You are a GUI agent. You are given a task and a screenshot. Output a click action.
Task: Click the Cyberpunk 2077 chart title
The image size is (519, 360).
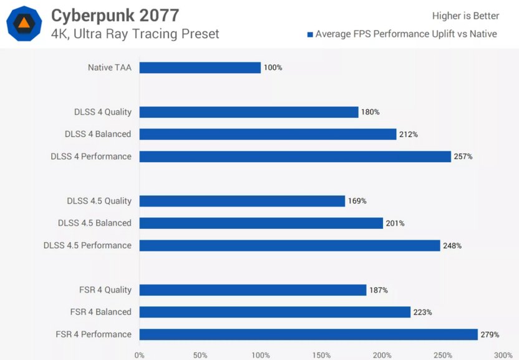coord(115,15)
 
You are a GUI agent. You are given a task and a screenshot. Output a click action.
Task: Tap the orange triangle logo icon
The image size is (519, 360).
coord(24,24)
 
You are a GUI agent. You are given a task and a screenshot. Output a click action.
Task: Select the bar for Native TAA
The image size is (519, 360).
coord(200,67)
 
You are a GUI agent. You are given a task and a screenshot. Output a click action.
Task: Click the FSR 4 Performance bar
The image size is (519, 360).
coord(308,334)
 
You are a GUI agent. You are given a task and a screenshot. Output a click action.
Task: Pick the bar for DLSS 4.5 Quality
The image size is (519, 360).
coord(242,201)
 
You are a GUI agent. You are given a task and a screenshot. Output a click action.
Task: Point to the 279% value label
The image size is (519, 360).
coord(490,335)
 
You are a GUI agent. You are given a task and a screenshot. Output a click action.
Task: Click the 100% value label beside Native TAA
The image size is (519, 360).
coord(273,67)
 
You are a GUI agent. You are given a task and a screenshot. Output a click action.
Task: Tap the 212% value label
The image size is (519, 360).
coord(409,134)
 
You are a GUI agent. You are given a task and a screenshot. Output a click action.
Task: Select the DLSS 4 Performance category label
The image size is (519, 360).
coord(91,157)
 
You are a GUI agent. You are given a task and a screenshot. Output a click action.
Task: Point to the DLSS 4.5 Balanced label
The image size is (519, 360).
coord(95,223)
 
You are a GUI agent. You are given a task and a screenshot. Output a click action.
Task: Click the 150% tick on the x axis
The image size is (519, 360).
coord(321,355)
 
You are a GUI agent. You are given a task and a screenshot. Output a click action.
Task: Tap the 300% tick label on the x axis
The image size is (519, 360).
coord(503,355)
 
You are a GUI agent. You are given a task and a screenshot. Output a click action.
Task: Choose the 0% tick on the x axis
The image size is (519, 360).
coord(140,355)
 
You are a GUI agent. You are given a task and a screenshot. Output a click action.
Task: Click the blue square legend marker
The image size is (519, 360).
coord(310,34)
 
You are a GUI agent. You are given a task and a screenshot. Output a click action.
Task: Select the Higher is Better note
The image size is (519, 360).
coord(465,16)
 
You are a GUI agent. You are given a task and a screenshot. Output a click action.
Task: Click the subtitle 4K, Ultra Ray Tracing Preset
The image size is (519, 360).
coord(135,34)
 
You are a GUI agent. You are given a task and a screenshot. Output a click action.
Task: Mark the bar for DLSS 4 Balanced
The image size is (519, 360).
coord(268,134)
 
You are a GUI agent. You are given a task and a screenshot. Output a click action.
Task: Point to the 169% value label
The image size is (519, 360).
coord(357,201)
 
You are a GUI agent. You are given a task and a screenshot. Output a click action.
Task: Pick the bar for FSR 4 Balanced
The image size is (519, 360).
coord(274,312)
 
